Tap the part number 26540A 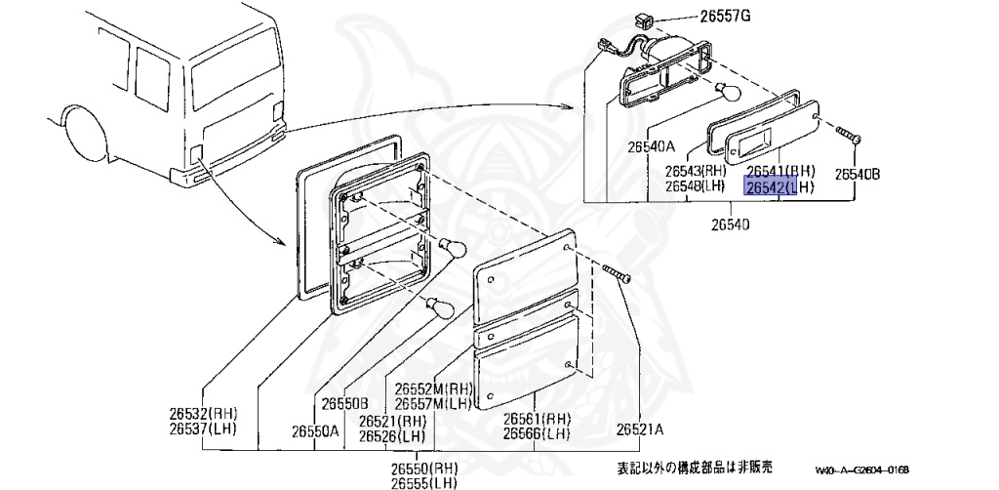[x=649, y=146]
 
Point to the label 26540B [x=858, y=175]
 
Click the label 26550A [x=313, y=429]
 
